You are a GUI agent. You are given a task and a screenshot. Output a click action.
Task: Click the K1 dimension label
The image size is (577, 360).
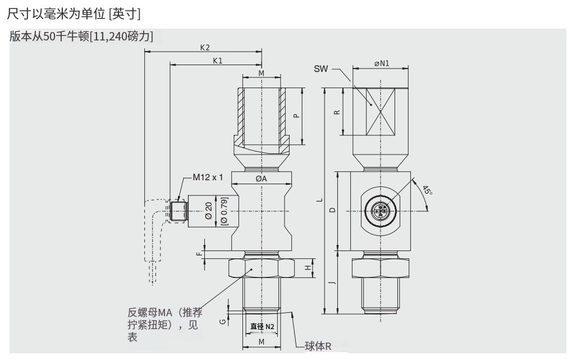tap(218, 61)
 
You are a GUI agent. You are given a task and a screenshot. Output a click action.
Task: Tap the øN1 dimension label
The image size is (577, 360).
tap(382, 63)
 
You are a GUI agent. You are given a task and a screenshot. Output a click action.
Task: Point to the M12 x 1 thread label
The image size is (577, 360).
tap(208, 177)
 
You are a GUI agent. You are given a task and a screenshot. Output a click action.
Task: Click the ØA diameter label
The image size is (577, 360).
tap(261, 179)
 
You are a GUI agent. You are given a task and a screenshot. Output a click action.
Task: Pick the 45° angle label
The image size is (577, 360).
tap(428, 190)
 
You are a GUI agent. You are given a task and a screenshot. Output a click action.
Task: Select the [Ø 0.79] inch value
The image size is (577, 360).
tap(225, 209)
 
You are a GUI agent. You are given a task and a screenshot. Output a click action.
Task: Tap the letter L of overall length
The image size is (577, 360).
tap(319, 199)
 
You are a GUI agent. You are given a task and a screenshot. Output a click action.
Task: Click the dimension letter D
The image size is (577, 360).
tap(332, 210)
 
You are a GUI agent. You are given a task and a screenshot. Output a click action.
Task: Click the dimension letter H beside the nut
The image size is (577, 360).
tap(307, 268)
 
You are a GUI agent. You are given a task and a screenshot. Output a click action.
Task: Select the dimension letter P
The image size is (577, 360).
tap(297, 115)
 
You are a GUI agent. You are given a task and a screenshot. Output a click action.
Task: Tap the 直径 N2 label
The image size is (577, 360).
tap(262, 326)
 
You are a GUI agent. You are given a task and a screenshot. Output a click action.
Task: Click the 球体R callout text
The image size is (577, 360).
tap(318, 347)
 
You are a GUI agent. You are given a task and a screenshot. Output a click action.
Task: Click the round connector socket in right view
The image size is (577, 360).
tap(380, 211)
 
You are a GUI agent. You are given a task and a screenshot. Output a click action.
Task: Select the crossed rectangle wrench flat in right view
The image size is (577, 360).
tap(380, 111)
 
